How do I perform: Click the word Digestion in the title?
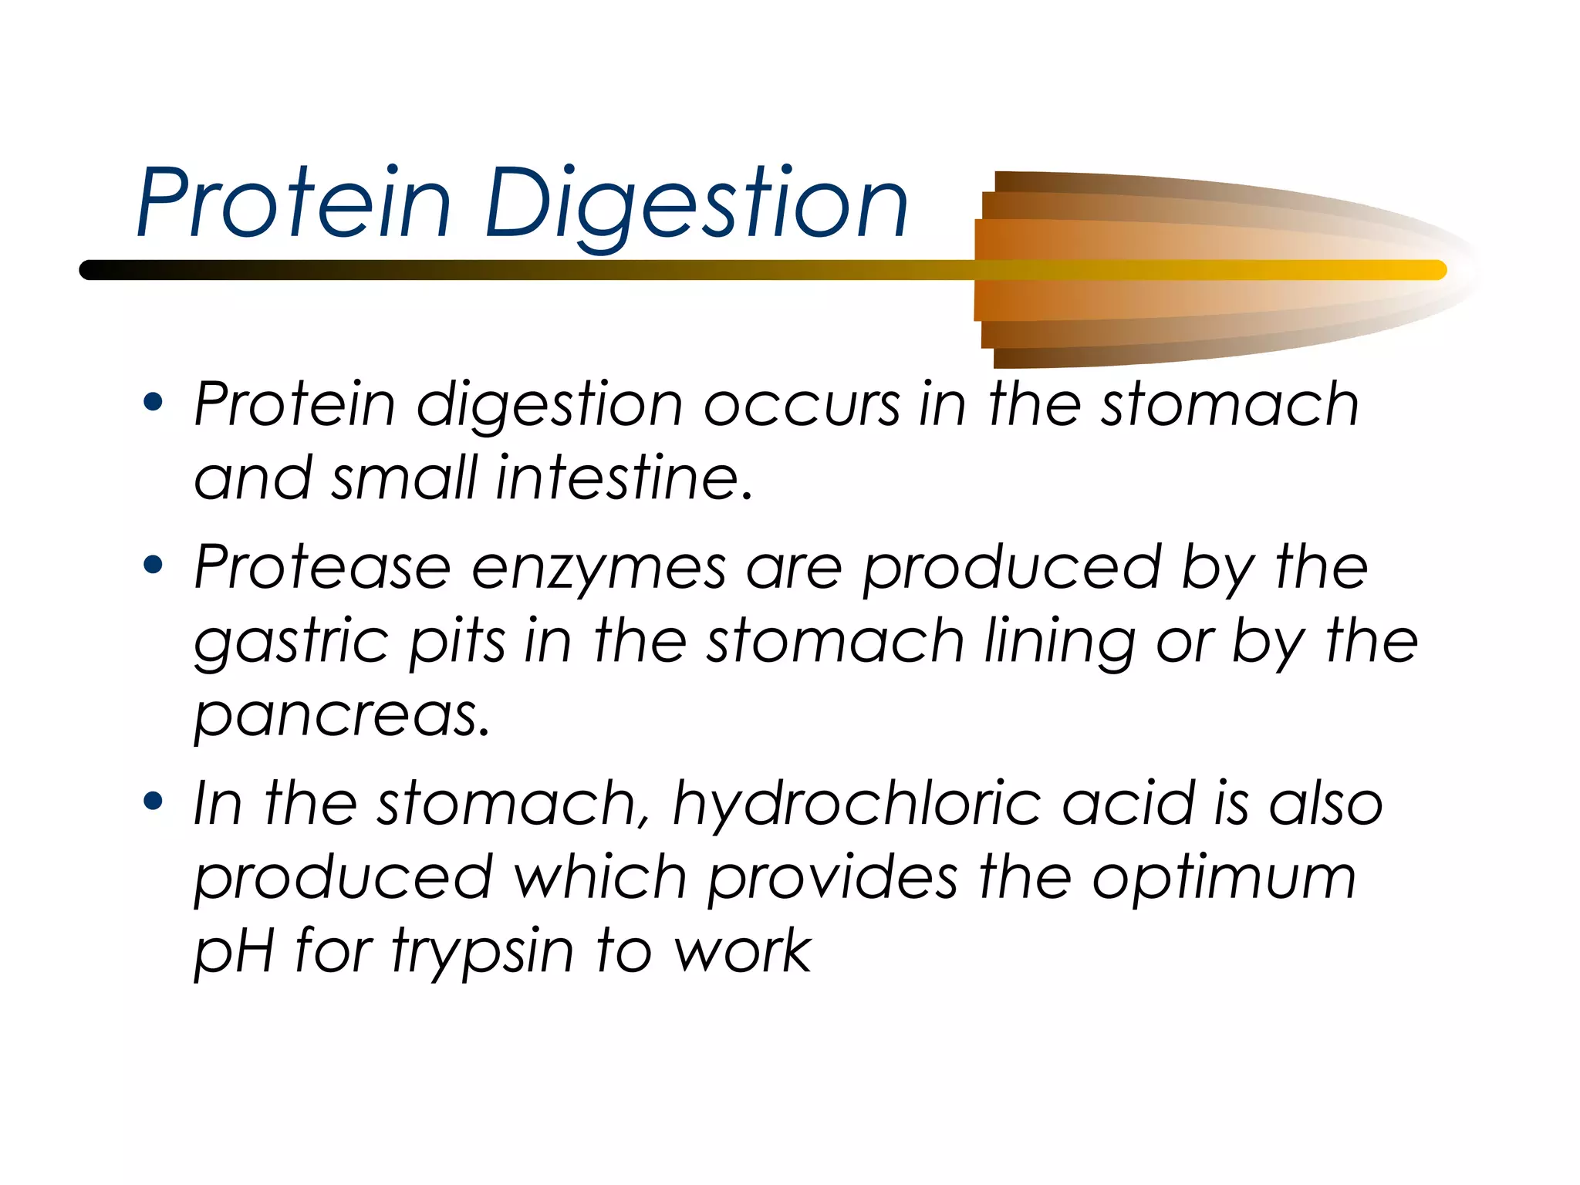pyautogui.click(x=696, y=204)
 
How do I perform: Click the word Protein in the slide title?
pyautogui.click(x=294, y=204)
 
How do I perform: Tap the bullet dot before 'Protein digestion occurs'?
pyautogui.click(x=154, y=402)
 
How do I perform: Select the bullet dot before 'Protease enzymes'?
pyautogui.click(x=154, y=565)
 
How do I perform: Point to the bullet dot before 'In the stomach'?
pyautogui.click(x=154, y=802)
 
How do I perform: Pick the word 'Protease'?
pyautogui.click(x=322, y=567)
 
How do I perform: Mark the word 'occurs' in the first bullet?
pyautogui.click(x=802, y=404)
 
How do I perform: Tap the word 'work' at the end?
pyautogui.click(x=742, y=951)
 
